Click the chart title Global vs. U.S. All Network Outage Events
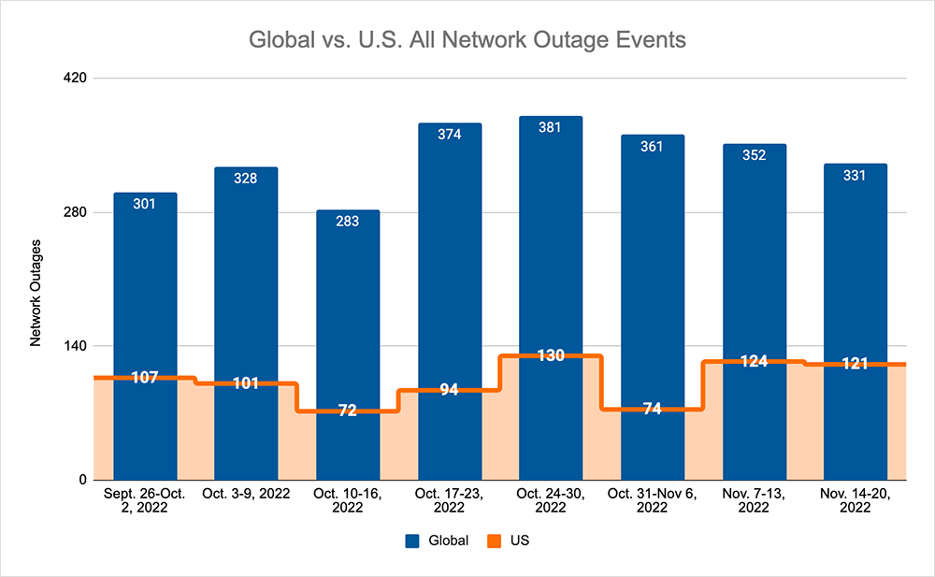[467, 40]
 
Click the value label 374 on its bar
[449, 135]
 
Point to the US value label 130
[551, 356]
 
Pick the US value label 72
[348, 411]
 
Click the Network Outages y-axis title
[36, 293]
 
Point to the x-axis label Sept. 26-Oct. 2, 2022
[145, 499]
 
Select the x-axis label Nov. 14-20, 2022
[856, 499]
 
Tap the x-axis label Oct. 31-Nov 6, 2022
[653, 499]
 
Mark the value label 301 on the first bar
[145, 203]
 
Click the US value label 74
[653, 409]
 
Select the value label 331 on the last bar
[856, 175]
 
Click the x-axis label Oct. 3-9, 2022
[246, 493]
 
